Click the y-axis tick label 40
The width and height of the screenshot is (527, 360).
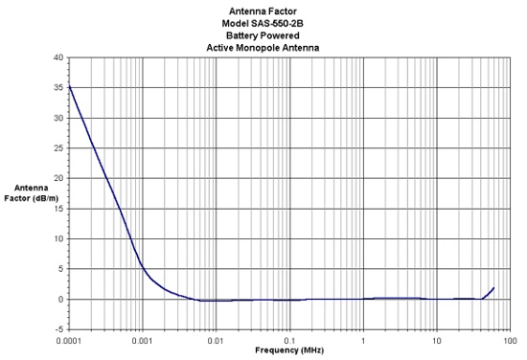click(x=58, y=57)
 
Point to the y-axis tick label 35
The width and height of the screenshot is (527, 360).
click(x=58, y=88)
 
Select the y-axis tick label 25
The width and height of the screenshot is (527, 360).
click(x=58, y=148)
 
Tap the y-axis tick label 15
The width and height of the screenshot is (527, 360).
click(x=58, y=209)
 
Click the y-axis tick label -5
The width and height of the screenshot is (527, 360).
click(x=59, y=329)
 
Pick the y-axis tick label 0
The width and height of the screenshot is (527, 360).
click(x=60, y=300)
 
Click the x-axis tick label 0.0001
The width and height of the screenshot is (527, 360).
click(x=69, y=341)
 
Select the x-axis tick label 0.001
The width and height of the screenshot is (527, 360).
click(x=143, y=341)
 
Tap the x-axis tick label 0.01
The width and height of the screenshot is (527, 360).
click(x=216, y=341)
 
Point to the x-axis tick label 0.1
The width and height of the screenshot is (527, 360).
click(x=289, y=341)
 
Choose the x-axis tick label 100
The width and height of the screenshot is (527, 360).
click(x=511, y=341)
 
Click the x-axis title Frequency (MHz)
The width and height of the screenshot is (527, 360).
click(x=289, y=350)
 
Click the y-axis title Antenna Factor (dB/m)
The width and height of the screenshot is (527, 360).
click(x=32, y=193)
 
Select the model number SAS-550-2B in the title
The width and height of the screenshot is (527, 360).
click(x=277, y=24)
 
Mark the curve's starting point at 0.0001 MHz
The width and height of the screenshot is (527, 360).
click(x=69, y=86)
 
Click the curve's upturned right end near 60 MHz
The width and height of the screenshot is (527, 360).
click(x=493, y=288)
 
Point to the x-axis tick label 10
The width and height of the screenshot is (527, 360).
click(x=437, y=341)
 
